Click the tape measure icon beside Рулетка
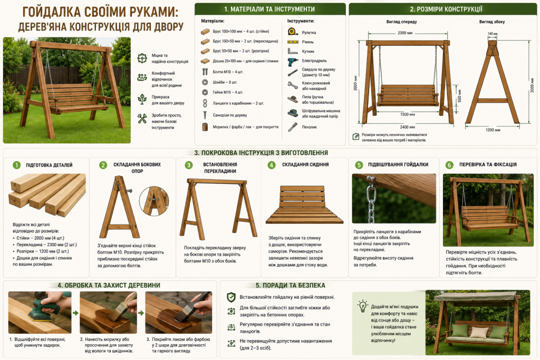pyautogui.click(x=293, y=32)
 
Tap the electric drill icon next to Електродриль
pyautogui.click(x=292, y=62)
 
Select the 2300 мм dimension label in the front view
pyautogui.click(x=404, y=33)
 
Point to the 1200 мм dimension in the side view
pyautogui.click(x=493, y=130)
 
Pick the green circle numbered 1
pyautogui.click(x=16, y=165)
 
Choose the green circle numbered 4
pyautogui.click(x=272, y=165)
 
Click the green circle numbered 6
pyautogui.click(x=449, y=165)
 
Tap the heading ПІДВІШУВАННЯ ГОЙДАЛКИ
pyautogui.click(x=398, y=164)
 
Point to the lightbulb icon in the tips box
pyautogui.click(x=362, y=306)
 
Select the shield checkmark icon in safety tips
pyautogui.click(x=231, y=297)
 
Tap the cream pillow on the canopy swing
pyautogui.click(x=477, y=332)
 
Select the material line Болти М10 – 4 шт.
pyautogui.click(x=228, y=72)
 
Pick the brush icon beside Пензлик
pyautogui.click(x=292, y=127)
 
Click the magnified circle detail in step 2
pyautogui.click(x=154, y=201)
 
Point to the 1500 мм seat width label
pyautogui.click(x=408, y=114)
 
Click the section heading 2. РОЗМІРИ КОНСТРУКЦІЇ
pyautogui.click(x=446, y=9)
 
